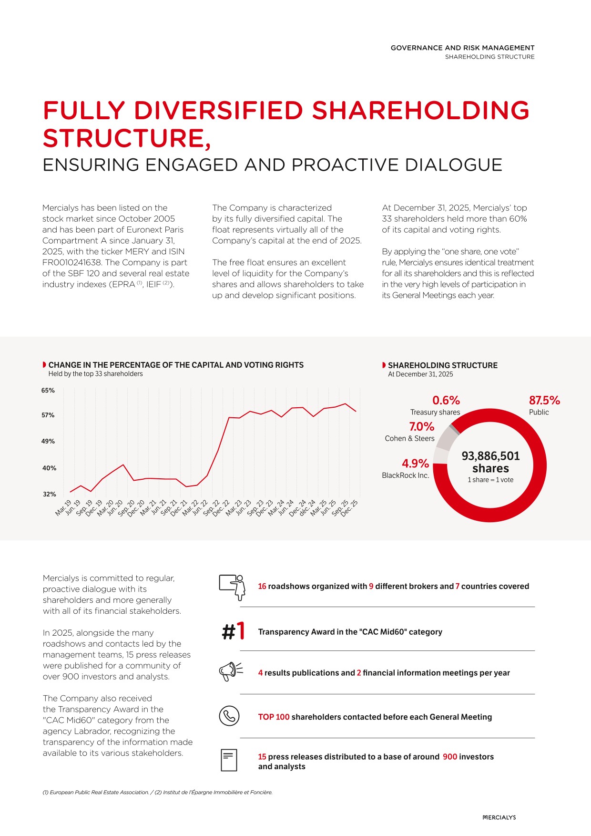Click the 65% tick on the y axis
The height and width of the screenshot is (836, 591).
point(48,390)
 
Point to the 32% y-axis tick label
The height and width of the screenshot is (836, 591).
point(50,494)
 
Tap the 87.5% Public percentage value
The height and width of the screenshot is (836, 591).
point(544,400)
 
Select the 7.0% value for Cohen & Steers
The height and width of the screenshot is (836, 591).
point(422,426)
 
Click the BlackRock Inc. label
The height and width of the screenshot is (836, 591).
point(406,475)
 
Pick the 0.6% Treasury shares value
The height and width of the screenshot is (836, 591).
point(446,400)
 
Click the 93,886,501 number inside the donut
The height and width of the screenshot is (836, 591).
point(490,456)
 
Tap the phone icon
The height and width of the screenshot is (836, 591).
point(229,716)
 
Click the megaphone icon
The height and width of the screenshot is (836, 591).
point(231,672)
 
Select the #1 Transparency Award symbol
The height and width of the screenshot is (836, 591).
point(234,631)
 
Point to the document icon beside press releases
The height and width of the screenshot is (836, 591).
point(229,760)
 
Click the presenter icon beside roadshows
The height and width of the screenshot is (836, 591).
point(233,587)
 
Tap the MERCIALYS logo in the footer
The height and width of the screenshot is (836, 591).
point(499,817)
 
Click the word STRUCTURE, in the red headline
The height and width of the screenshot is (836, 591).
point(127,138)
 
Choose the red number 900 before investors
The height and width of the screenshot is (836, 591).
point(450,756)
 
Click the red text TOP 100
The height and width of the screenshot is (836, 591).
point(274,717)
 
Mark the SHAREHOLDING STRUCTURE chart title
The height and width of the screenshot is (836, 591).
point(442,365)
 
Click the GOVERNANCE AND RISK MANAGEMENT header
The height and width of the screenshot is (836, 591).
point(462,48)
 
